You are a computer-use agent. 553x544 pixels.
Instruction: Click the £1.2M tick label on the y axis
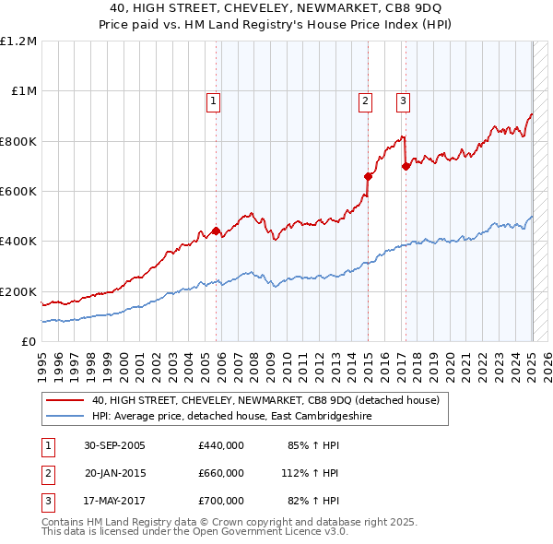pos(18,41)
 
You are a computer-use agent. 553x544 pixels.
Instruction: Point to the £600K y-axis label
pos(18,192)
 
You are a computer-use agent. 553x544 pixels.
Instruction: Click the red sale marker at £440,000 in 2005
pos(217,231)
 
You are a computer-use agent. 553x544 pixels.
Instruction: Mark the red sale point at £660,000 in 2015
pos(368,176)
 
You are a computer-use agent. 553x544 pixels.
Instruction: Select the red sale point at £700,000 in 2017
pos(406,166)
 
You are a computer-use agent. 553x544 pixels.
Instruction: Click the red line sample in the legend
pos(65,401)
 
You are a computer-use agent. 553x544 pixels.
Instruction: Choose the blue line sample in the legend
pos(65,417)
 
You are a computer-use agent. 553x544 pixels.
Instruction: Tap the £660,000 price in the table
pos(221,473)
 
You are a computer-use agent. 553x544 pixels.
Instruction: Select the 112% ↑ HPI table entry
pos(311,473)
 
